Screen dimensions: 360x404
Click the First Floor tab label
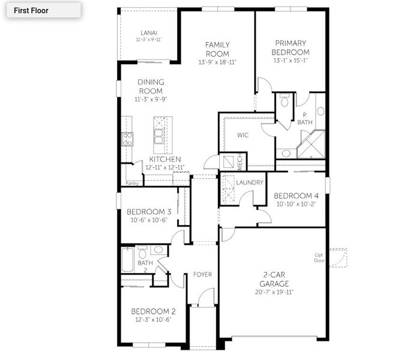coord(31,10)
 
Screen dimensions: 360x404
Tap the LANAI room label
coord(149,32)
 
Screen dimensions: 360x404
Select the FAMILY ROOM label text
coord(217,49)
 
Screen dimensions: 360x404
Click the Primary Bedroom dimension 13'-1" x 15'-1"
coord(291,60)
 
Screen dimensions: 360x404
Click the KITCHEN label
coord(165,159)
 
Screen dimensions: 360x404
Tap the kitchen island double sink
coord(159,137)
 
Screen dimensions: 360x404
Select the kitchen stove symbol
coord(127,139)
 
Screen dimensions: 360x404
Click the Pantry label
coord(132,182)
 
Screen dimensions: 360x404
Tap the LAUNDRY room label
coord(250,182)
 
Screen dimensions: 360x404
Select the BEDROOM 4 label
coord(297,196)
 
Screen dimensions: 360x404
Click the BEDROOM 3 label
coord(149,212)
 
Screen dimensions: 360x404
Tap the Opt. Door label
coord(319,257)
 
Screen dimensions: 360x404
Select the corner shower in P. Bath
coord(313,144)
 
